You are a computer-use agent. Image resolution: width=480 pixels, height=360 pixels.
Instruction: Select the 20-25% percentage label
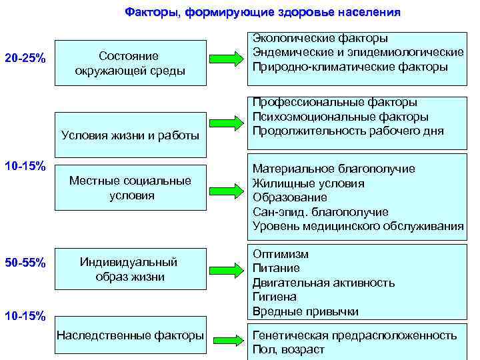point(25,59)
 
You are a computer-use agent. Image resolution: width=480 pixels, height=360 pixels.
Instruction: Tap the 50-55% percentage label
point(25,263)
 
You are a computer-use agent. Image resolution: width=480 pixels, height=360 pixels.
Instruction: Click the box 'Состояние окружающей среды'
point(130,63)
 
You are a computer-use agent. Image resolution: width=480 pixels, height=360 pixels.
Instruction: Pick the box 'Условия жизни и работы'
point(130,135)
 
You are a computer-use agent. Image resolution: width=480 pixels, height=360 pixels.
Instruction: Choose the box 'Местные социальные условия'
point(131,188)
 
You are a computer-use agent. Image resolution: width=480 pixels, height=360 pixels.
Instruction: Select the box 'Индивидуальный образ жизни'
point(130,268)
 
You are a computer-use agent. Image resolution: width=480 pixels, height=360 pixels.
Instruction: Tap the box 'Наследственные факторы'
point(131,335)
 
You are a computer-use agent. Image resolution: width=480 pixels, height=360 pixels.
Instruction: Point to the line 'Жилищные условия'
point(309,183)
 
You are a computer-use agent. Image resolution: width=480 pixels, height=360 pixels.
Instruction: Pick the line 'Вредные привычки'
point(305,311)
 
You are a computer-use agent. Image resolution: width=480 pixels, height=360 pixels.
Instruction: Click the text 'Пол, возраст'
point(288,349)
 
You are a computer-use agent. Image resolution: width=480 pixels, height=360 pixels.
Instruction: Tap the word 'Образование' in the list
point(290,197)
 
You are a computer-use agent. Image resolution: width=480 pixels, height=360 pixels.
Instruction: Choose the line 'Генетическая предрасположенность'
point(355,335)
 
